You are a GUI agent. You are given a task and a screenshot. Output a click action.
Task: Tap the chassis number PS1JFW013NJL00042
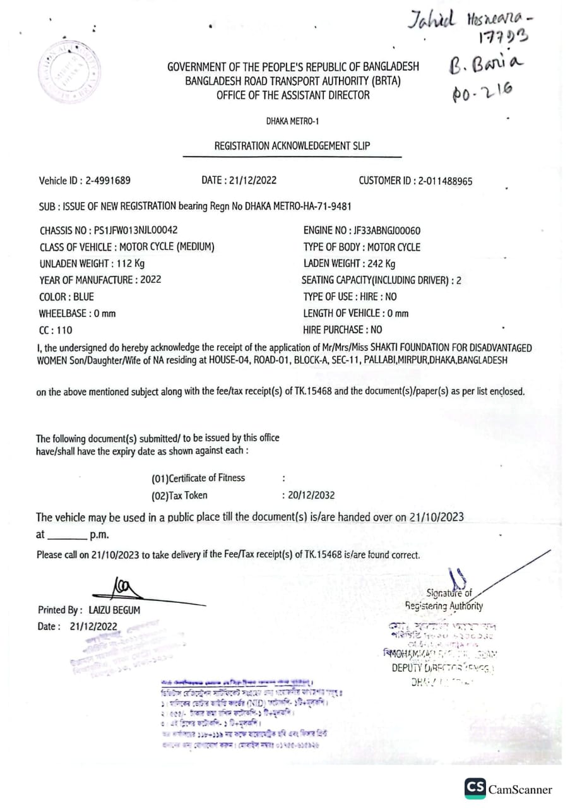[131, 230]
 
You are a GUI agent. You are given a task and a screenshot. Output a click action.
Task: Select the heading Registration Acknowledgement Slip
[292, 146]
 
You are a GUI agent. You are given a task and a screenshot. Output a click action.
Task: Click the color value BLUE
[84, 297]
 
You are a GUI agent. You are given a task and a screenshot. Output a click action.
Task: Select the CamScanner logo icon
[475, 788]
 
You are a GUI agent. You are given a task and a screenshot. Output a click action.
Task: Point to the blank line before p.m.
[66, 537]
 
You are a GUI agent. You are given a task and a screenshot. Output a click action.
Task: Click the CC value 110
[64, 330]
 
